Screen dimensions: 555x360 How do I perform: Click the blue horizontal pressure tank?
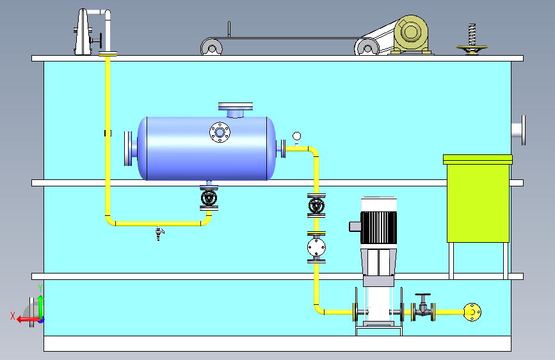click(x=206, y=149)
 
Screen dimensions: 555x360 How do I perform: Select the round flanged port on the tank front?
click(x=220, y=133)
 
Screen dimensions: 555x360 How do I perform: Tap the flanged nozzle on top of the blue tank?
click(x=236, y=110)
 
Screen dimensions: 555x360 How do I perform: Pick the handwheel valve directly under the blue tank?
click(x=209, y=198)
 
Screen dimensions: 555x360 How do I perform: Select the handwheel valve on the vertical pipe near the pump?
click(x=316, y=206)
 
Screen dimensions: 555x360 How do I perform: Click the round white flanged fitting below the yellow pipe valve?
click(x=316, y=247)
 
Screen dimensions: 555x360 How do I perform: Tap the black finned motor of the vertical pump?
click(x=378, y=227)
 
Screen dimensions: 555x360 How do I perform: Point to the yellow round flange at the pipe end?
click(x=472, y=312)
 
